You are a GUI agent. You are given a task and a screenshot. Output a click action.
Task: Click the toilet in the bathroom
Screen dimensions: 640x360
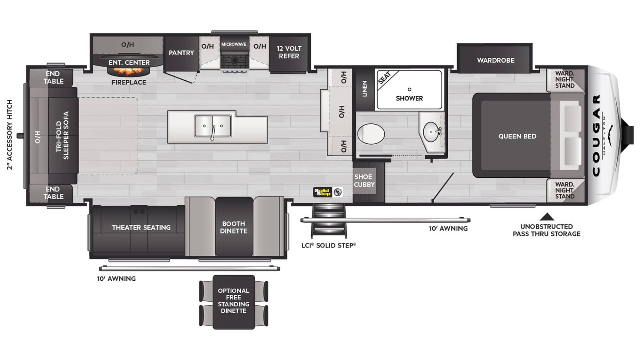(371, 134)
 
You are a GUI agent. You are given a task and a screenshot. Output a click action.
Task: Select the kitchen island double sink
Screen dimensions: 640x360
(212, 126)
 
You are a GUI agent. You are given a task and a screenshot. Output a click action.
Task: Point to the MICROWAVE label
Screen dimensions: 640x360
(234, 44)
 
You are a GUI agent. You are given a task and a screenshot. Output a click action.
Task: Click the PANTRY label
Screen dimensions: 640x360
(181, 53)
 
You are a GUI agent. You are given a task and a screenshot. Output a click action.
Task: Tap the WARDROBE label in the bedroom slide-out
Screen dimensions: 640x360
(496, 60)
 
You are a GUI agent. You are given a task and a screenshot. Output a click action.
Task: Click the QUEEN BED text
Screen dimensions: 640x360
(517, 136)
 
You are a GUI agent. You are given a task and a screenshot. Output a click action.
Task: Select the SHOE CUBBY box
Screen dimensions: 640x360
(364, 180)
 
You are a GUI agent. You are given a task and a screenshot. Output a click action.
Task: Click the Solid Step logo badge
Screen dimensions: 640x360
(328, 192)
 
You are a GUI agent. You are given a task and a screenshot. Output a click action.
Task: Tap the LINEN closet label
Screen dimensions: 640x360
(365, 89)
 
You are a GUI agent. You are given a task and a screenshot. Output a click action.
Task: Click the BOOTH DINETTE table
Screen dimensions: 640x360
(234, 227)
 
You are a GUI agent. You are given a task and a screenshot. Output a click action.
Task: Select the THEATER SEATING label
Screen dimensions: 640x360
(141, 228)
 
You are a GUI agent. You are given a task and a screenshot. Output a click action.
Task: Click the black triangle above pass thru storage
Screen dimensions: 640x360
(547, 217)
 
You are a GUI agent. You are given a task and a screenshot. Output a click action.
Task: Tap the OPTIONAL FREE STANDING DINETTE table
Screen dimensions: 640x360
(234, 302)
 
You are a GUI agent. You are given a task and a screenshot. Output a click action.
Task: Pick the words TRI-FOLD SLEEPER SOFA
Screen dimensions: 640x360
(63, 135)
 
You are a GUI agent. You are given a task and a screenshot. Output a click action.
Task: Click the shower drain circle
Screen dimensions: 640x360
(409, 89)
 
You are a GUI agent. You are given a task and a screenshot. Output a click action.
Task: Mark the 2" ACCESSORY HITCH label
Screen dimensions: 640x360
(10, 135)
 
